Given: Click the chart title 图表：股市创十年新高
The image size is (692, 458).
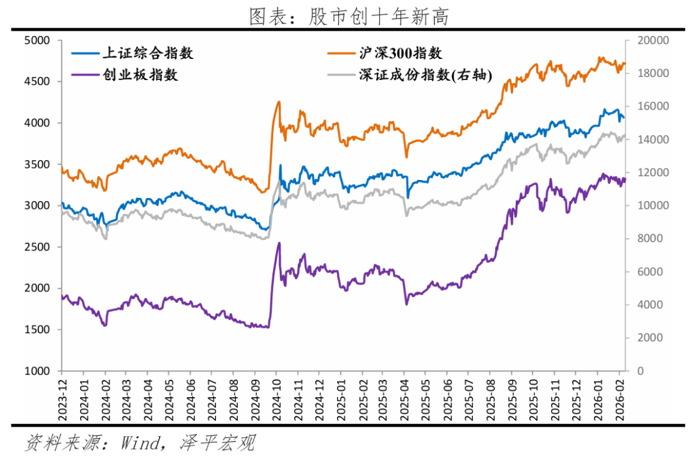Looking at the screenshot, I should point(349,16).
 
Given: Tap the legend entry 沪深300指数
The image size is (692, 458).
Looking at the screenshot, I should point(402,53).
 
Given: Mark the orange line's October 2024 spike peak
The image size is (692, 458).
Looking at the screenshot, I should point(279,101).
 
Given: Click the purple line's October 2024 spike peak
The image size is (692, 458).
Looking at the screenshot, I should point(279,243).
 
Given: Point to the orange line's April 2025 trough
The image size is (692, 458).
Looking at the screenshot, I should point(406,157).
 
